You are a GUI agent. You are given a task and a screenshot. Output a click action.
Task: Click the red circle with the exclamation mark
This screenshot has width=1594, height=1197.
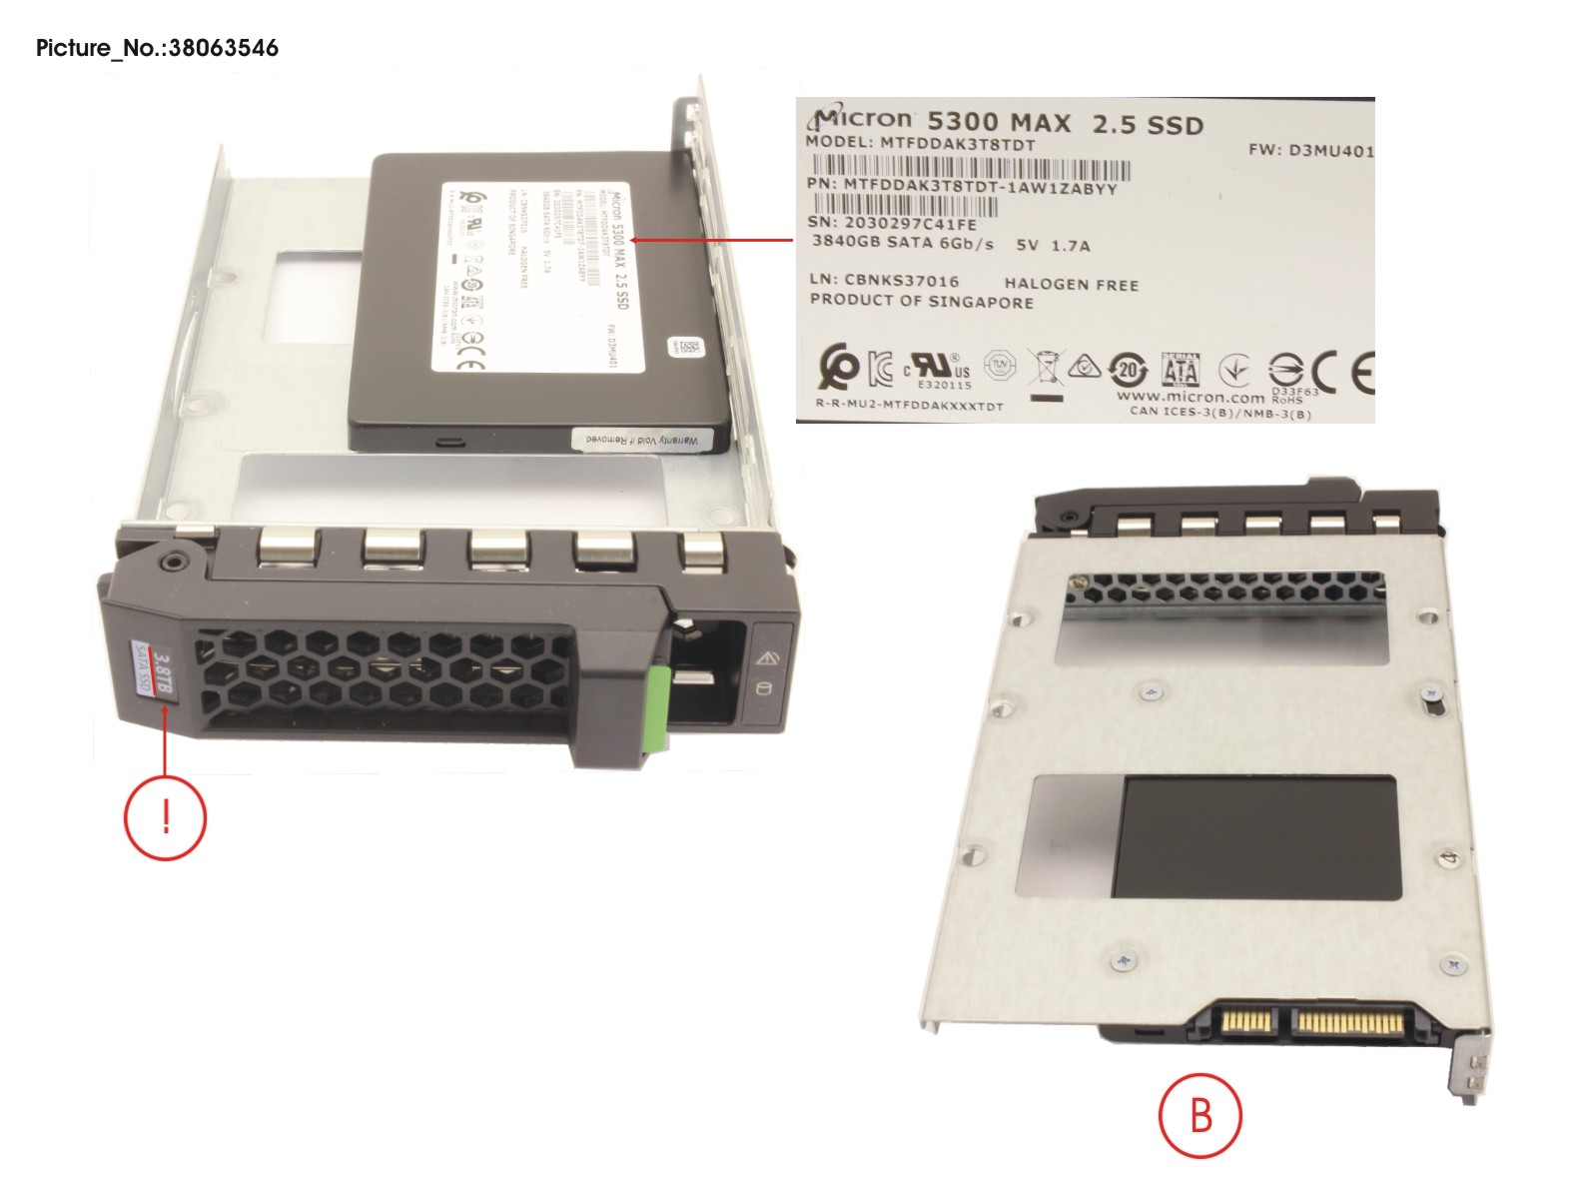coord(165,817)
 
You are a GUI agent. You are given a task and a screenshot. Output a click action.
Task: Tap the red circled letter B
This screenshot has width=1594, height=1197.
coord(1199,1115)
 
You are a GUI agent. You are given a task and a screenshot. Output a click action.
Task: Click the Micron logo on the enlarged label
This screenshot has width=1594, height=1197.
coord(862,119)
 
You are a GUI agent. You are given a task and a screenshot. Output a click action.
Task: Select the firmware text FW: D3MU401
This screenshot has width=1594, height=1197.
coord(1309,151)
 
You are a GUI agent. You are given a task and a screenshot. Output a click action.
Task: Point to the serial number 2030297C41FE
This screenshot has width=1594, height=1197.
coord(909,224)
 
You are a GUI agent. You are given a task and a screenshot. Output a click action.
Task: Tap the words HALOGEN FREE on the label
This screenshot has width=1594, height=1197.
coord(1071,285)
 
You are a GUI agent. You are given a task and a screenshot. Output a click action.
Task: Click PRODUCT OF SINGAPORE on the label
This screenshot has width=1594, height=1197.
coord(921,301)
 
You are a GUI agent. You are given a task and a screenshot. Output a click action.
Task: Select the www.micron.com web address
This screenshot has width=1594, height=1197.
coord(1190,397)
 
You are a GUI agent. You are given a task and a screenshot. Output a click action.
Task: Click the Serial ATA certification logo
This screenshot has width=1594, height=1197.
coord(1180,370)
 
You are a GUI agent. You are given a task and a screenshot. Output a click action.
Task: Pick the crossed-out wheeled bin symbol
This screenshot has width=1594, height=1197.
coord(1045,371)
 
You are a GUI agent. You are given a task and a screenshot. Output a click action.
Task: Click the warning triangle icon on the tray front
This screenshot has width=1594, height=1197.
coord(767,657)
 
